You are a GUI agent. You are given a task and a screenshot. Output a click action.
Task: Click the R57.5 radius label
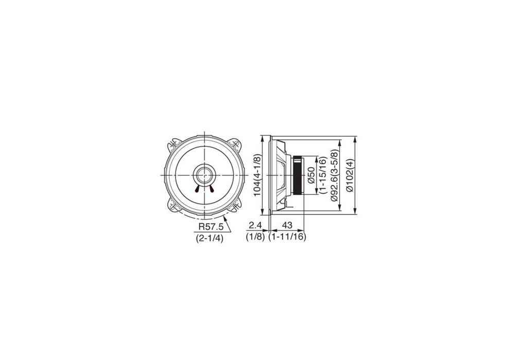point(210,226)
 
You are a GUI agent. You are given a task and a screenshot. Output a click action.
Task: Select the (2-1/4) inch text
point(210,239)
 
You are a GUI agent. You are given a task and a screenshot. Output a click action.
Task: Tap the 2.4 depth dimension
point(255,225)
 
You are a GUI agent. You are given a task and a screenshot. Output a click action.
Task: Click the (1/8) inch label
point(255,237)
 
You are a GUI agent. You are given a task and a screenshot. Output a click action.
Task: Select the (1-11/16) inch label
point(287,237)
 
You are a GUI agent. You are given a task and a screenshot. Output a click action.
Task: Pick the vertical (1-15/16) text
point(323,175)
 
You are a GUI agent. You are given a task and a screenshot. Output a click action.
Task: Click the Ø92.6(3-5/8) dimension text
point(334,175)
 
